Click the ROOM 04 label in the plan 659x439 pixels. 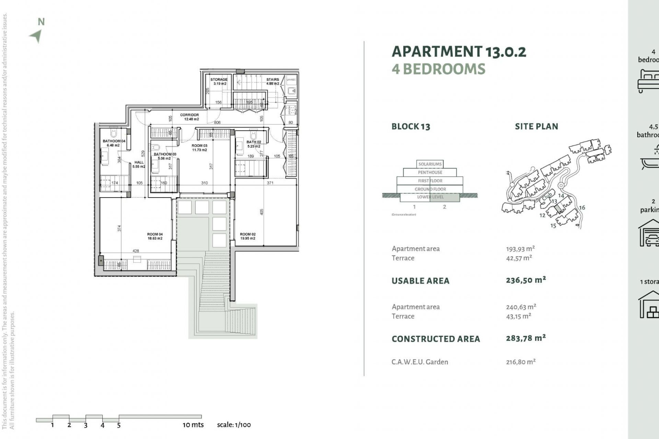tap(155, 236)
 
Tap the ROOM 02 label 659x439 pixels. tap(247, 236)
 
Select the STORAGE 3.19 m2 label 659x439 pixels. tap(219, 81)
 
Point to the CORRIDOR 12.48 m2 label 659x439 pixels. tap(189, 117)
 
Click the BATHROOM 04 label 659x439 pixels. tap(114, 143)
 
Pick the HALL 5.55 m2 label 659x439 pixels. tap(139, 164)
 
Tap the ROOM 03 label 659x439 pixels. tap(199, 148)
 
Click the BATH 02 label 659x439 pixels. tap(254, 144)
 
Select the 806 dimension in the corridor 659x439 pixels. tap(217, 122)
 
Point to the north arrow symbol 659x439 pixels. tap(36, 35)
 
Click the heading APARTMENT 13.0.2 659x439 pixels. tap(459, 52)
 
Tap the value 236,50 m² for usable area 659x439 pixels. tap(525, 280)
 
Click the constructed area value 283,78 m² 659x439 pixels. tap(525, 338)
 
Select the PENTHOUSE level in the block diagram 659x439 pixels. tap(430, 172)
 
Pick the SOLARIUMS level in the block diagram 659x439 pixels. tap(430, 164)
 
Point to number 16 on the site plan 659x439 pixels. tap(582, 207)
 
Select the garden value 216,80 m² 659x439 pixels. tap(520, 362)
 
